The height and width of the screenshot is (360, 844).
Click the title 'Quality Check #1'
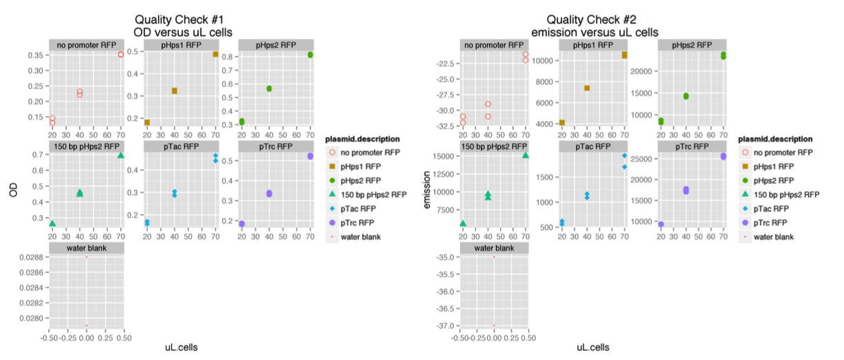click(x=182, y=20)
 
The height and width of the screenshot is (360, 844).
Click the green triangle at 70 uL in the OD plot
click(x=121, y=155)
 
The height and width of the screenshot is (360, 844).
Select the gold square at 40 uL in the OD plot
click(x=174, y=91)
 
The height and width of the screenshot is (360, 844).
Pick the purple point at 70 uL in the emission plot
click(x=723, y=156)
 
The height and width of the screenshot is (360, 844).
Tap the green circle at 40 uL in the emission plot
click(x=686, y=96)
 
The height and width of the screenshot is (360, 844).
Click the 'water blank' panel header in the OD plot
click(x=86, y=248)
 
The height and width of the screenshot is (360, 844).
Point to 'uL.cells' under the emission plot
click(x=593, y=348)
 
